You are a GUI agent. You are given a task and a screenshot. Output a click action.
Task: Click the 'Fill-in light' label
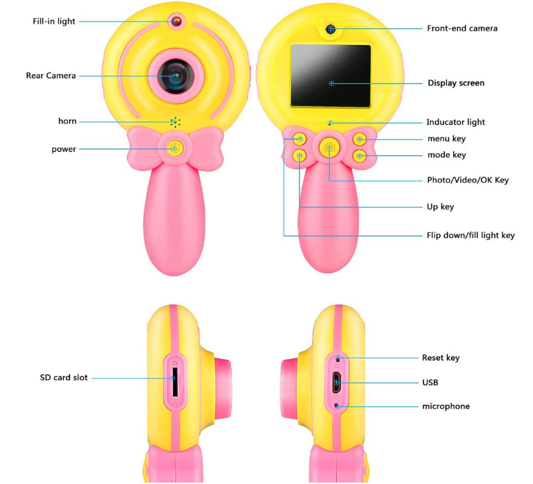coord(53,21)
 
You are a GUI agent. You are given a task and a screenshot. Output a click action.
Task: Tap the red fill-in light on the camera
coord(176,21)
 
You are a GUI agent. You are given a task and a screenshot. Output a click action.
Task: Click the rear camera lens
coord(176,76)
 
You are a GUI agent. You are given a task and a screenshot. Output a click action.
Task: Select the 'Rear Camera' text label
coord(51,76)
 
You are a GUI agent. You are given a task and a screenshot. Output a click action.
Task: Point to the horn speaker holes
coord(176,122)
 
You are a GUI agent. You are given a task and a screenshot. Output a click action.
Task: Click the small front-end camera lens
coord(330,29)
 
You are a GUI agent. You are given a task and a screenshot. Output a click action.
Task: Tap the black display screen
coord(330,76)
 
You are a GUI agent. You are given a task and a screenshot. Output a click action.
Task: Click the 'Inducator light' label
coord(455,122)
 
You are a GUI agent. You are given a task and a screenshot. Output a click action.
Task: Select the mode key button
coord(359,156)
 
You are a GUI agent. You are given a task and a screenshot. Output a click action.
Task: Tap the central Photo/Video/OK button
coord(329,148)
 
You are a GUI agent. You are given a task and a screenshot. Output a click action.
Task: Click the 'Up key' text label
coord(440,207)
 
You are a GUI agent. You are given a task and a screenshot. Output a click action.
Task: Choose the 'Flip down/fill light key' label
coord(471,235)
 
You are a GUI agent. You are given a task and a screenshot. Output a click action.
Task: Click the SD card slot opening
coord(175,381)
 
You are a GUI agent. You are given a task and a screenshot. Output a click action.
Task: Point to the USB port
coord(337,382)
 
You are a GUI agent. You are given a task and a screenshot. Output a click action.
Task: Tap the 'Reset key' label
coord(441,358)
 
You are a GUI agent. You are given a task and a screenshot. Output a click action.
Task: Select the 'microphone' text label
coord(446,406)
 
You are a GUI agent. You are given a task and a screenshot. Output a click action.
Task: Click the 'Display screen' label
coord(456,83)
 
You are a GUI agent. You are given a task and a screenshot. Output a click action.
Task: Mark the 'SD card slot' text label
coord(64,377)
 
